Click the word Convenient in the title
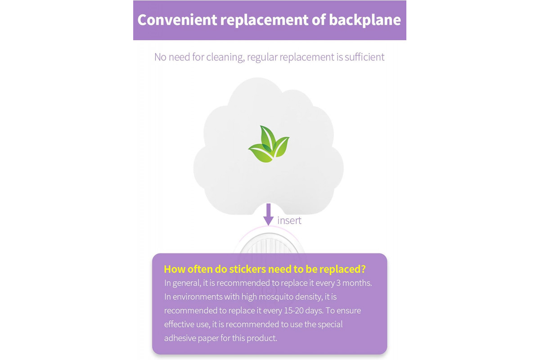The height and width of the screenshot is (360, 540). [x=177, y=20]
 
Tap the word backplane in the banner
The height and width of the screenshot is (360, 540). [x=365, y=20]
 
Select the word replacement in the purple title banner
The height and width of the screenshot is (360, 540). [x=264, y=20]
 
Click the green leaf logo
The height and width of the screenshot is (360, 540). [x=269, y=144]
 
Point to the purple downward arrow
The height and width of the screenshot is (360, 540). [x=268, y=214]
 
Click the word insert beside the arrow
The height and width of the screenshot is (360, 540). [x=289, y=220]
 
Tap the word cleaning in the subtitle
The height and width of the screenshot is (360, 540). [x=225, y=58]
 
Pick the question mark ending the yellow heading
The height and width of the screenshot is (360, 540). [x=363, y=269]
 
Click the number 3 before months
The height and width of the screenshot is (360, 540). [x=338, y=283]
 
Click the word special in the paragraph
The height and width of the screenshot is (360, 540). [x=330, y=324]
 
